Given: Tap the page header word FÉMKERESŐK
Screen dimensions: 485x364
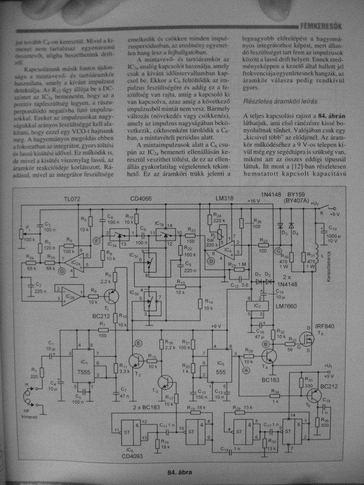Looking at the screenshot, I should point(321,26).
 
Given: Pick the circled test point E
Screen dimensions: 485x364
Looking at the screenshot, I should point(138,342).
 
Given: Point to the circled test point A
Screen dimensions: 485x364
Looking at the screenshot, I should point(246,371).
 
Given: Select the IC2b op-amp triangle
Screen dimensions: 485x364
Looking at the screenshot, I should point(71,296).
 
